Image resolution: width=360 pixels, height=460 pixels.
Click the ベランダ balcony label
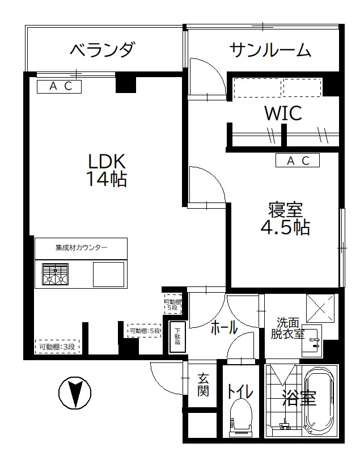click(103, 50)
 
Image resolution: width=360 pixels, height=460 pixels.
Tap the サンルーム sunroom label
click(270, 50)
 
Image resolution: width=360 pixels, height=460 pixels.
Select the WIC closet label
click(283, 113)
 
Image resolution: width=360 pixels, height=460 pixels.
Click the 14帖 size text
click(106, 179)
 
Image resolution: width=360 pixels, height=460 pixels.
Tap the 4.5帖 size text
click(285, 227)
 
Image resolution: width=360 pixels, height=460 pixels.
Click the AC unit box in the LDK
click(60, 86)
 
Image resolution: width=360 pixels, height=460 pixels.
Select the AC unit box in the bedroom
click(298, 161)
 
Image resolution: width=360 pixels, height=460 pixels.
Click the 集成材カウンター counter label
click(81, 247)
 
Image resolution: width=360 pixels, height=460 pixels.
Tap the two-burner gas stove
click(55, 275)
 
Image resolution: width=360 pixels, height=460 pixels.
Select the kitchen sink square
click(108, 275)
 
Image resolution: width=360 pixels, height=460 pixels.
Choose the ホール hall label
click(224, 327)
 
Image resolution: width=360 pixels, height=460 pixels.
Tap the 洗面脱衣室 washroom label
click(287, 328)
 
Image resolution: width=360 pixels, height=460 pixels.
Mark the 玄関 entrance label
click(202, 385)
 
